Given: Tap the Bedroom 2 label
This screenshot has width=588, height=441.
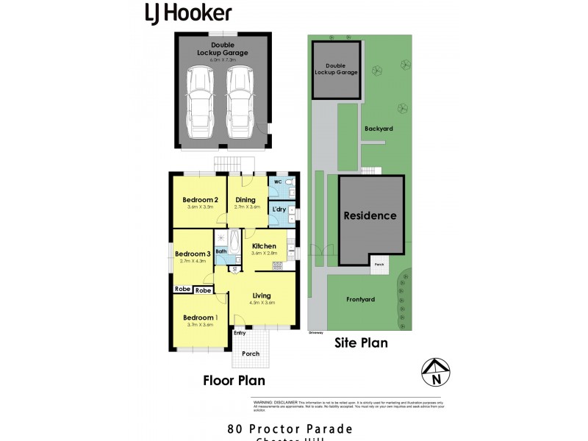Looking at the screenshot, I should pyautogui.click(x=200, y=200).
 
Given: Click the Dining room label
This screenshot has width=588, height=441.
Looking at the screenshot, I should pyautogui.click(x=245, y=200).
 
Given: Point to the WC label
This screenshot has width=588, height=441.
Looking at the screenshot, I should pyautogui.click(x=278, y=182).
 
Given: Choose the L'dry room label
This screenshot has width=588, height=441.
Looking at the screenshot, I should pyautogui.click(x=279, y=210).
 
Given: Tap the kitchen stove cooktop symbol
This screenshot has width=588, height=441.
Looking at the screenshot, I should pyautogui.click(x=278, y=265).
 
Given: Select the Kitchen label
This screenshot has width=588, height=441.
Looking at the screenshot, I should pyautogui.click(x=264, y=246).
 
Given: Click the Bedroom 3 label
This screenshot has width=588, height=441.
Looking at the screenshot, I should pyautogui.click(x=193, y=254).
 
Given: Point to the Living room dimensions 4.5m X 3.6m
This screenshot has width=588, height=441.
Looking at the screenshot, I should pyautogui.click(x=262, y=303).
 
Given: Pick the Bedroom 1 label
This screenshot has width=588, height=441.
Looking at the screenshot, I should pyautogui.click(x=200, y=317).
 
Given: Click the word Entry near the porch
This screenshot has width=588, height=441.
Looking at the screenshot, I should pyautogui.click(x=240, y=333).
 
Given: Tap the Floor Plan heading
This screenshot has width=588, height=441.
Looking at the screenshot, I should pyautogui.click(x=234, y=380).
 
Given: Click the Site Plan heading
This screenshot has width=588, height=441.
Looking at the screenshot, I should pyautogui.click(x=361, y=342).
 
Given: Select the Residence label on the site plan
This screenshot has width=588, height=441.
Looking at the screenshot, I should pyautogui.click(x=370, y=216).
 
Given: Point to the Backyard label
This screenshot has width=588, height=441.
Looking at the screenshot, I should pyautogui.click(x=379, y=129).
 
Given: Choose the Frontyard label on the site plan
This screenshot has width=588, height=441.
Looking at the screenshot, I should pyautogui.click(x=360, y=300).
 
